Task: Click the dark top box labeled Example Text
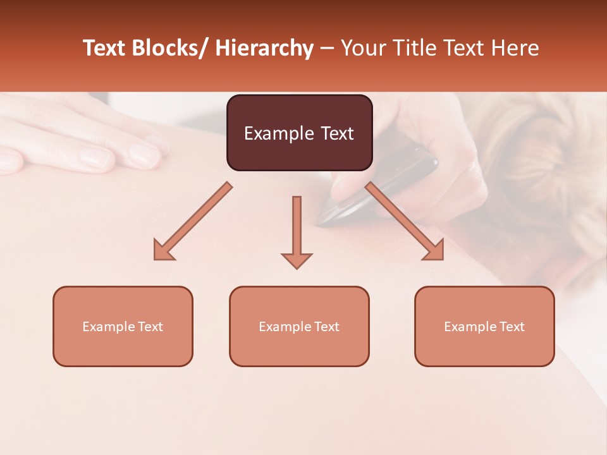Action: (x=299, y=133)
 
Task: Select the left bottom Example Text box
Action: (x=123, y=326)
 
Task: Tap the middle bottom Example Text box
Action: (x=299, y=326)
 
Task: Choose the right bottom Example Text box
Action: (x=484, y=326)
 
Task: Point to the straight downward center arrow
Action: (x=297, y=227)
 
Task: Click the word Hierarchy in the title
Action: (x=264, y=49)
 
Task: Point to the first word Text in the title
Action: (x=105, y=49)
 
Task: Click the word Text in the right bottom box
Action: (x=512, y=327)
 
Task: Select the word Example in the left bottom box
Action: (x=108, y=327)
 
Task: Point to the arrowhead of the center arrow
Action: (x=297, y=260)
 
